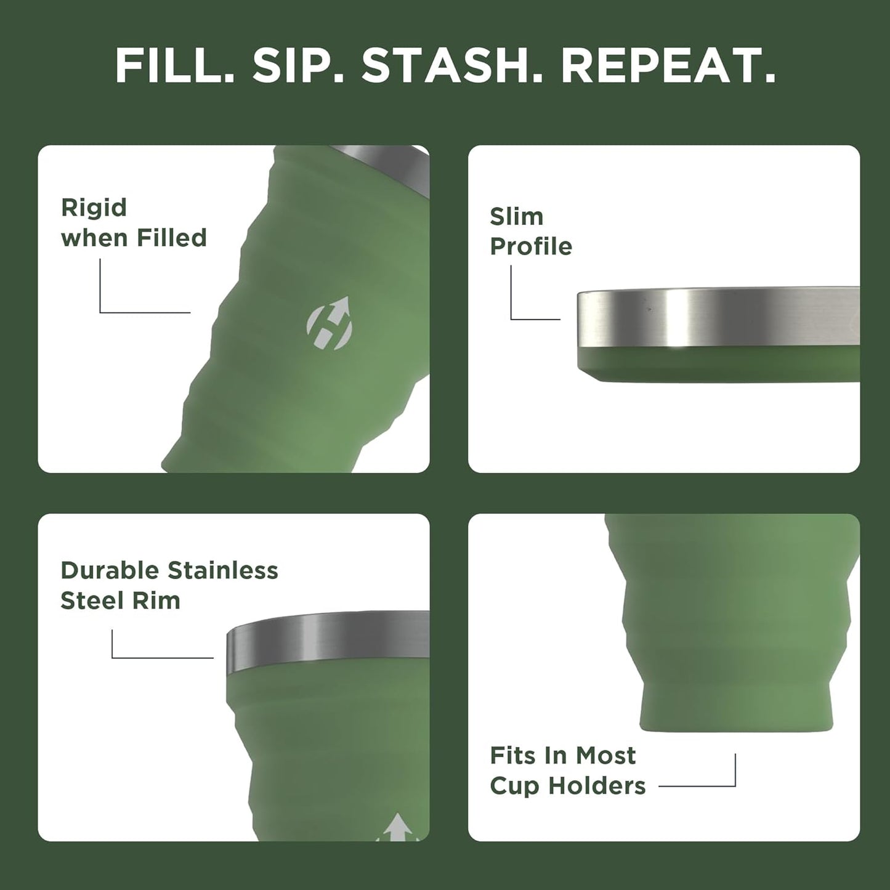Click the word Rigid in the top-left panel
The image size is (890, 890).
(x=94, y=208)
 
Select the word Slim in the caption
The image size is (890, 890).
(x=516, y=217)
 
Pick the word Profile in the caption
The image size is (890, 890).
(x=530, y=246)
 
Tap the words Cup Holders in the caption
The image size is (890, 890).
(x=567, y=786)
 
